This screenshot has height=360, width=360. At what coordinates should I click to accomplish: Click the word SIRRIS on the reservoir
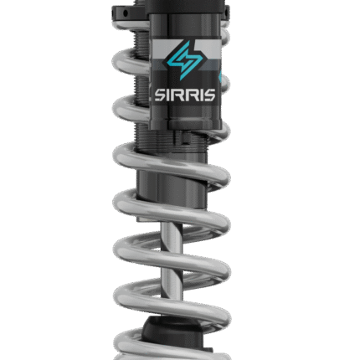click(x=185, y=95)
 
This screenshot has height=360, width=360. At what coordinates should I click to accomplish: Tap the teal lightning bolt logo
click(x=184, y=60)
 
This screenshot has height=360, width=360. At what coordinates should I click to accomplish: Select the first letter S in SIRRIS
click(x=160, y=95)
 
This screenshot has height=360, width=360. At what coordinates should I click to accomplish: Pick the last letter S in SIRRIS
click(x=209, y=95)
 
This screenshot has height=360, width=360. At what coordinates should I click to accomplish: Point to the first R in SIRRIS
click(x=177, y=95)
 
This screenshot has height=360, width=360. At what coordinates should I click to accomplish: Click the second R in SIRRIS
click(x=191, y=95)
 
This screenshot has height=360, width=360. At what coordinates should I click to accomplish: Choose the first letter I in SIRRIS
click(x=168, y=95)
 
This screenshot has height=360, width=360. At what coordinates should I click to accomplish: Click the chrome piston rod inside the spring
click(x=172, y=261)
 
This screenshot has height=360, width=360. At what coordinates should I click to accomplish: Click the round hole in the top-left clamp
click(x=126, y=13)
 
